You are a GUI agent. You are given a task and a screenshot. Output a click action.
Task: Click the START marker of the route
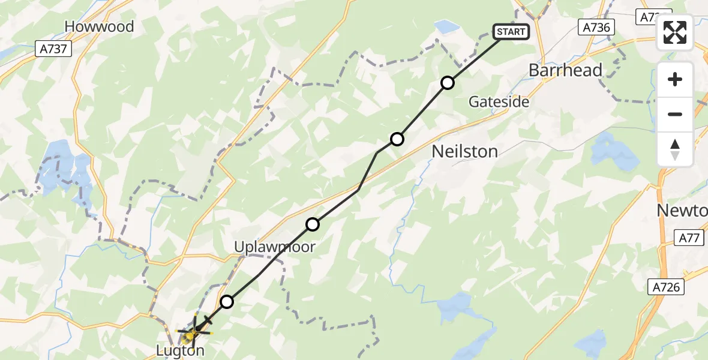pos(511,32)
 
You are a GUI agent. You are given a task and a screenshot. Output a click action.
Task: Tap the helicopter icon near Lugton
pos(194,328)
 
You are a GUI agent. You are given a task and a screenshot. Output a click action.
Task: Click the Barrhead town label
pos(565,71)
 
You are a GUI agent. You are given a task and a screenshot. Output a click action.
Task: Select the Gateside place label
pos(499,102)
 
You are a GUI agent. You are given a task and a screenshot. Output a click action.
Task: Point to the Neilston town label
pos(464,152)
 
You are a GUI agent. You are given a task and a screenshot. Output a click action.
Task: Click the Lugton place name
pos(179,351)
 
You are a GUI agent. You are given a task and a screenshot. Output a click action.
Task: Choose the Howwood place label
pos(99,26)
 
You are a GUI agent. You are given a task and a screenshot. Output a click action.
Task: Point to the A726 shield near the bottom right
pos(667,287)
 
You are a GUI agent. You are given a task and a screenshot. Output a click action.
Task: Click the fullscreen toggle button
pos(675,32)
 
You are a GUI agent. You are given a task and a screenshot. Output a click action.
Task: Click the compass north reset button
pos(675,149)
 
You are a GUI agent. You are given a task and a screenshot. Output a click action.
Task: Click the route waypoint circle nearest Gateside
pos(448,83)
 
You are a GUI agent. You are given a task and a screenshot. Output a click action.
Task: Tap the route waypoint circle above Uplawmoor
pos(313,224)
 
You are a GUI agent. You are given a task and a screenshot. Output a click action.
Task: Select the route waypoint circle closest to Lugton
pos(226,302)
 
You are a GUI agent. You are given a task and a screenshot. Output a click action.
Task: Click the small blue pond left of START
pos(446,26)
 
